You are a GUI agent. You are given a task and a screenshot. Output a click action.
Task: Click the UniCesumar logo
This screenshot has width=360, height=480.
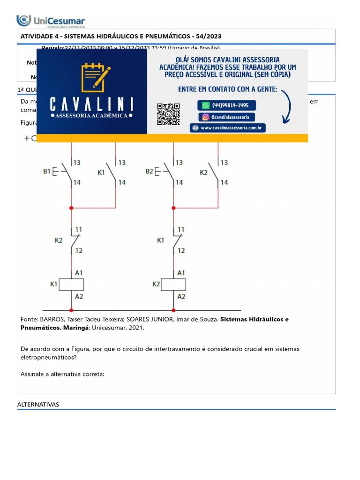51,21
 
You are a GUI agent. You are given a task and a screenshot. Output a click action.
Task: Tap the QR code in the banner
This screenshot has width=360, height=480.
168,114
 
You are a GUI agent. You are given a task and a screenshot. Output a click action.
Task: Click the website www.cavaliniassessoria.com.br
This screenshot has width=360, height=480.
228,127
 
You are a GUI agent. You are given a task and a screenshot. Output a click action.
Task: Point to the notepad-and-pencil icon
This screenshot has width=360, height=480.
95,77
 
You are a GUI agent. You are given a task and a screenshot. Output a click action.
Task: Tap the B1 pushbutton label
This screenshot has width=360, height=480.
46,172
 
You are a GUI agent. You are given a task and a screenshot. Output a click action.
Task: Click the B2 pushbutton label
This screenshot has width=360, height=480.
149,172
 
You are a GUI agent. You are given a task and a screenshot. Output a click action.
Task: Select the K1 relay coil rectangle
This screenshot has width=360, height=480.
71,284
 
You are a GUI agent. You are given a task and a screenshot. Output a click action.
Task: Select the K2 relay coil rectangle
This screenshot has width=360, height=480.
173,284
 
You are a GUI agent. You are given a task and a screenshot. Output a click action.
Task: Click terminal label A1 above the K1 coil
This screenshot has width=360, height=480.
79,272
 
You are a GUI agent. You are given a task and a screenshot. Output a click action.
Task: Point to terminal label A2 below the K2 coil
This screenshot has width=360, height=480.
181,296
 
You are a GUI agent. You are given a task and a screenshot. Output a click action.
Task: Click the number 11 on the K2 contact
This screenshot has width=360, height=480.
79,230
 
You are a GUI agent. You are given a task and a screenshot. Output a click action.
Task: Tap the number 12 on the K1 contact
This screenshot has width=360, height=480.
181,251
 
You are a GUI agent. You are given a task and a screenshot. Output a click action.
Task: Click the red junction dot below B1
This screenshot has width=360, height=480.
71,208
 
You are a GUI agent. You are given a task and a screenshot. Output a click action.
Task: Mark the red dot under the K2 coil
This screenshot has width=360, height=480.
173,310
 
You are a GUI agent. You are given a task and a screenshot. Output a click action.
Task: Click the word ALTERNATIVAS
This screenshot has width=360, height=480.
38,404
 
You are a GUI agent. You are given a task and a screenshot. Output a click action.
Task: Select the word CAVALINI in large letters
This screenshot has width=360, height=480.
91,104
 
